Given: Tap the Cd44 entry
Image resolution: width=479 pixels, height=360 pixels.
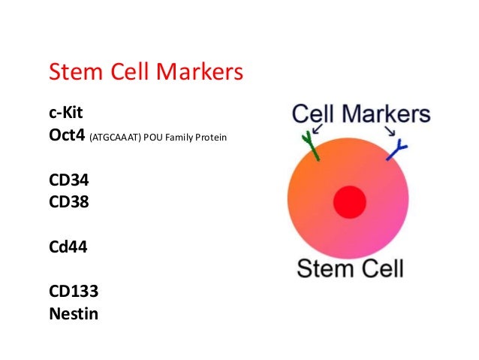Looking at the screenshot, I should click(68, 244).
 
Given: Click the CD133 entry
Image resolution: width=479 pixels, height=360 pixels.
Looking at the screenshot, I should click(73, 289).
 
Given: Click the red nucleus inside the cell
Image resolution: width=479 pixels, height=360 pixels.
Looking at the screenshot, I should click(349, 201).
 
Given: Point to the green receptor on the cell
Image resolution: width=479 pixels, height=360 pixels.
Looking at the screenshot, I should click(311, 147).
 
